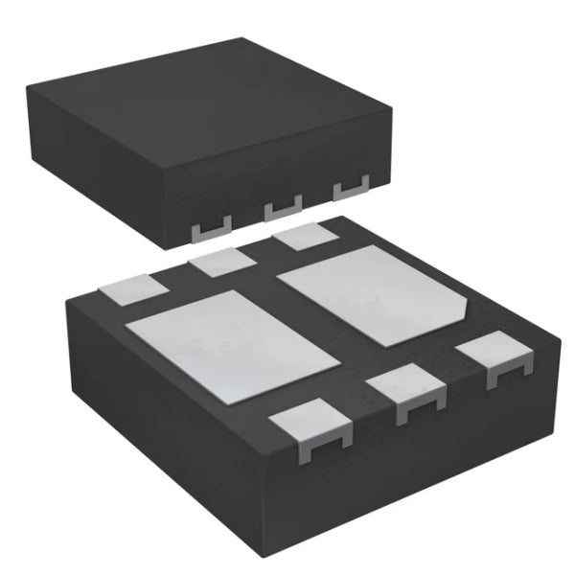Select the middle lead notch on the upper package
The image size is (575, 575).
click(x=283, y=205)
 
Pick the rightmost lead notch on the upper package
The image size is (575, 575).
click(x=351, y=190)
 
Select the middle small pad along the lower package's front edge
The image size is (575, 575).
click(x=406, y=387)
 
